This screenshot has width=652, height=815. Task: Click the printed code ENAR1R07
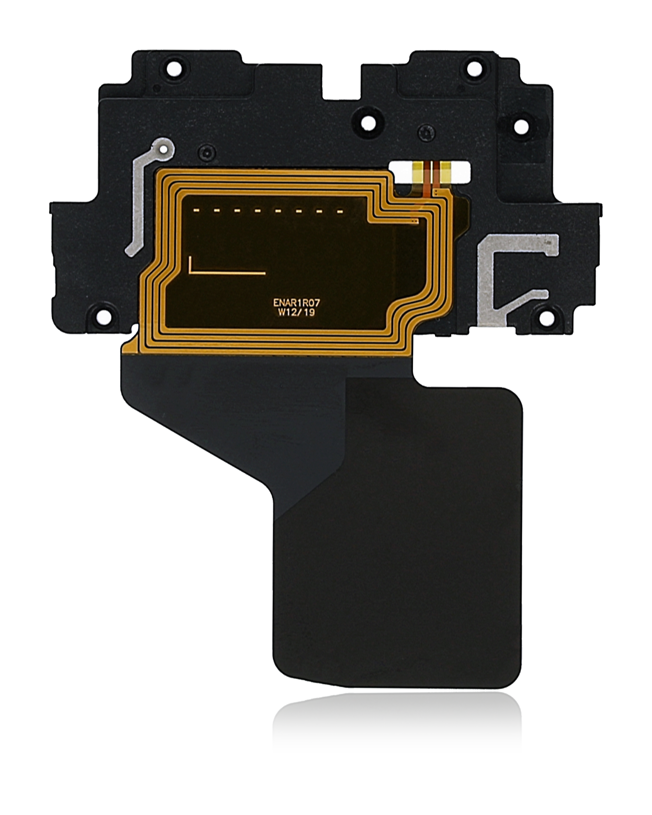[x=296, y=303]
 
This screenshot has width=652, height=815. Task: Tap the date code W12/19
[x=296, y=313]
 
